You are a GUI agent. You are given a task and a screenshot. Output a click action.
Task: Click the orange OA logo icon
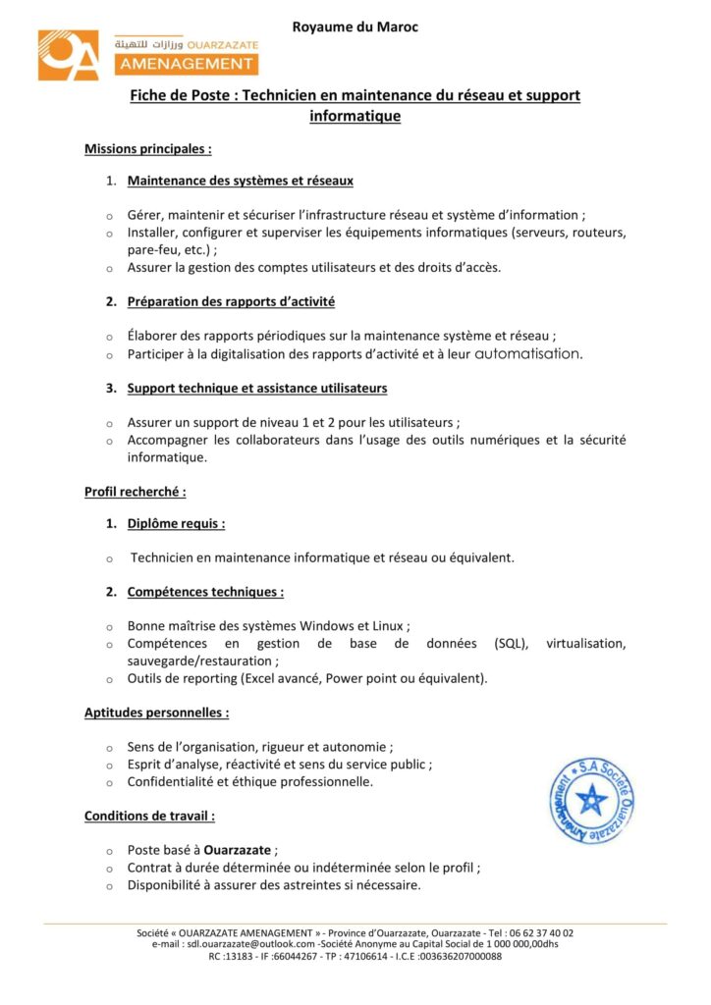tap(69, 55)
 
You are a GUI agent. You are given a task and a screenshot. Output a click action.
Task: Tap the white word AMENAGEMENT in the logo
tap(186, 65)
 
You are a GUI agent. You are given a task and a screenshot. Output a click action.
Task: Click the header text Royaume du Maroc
tap(355, 27)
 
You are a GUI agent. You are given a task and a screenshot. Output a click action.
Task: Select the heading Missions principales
tap(148, 149)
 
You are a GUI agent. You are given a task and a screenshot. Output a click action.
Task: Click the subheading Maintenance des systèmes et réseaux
tap(240, 181)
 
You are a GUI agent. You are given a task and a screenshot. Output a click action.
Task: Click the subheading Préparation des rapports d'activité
tap(231, 301)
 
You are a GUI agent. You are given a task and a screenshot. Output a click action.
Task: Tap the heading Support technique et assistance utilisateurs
tap(256, 388)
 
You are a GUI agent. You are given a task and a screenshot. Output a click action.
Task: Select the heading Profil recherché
tap(136, 491)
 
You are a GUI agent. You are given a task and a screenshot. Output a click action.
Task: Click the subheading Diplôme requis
tap(176, 523)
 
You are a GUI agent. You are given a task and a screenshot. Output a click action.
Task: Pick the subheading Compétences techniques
tap(205, 592)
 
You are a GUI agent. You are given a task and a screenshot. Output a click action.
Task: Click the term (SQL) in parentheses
tap(512, 644)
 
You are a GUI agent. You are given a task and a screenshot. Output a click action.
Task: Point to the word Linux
tap(388, 626)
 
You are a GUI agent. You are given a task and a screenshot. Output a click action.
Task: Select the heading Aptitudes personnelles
tap(157, 713)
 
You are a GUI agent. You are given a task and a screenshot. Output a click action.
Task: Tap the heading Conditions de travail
tap(150, 816)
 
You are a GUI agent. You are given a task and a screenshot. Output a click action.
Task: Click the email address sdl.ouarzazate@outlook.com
tap(251, 944)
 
